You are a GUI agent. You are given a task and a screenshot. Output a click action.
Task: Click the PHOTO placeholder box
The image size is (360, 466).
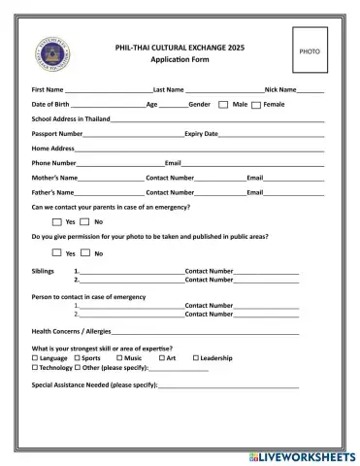click(x=309, y=50)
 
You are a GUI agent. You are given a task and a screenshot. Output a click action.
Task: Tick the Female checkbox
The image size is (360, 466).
click(x=257, y=104)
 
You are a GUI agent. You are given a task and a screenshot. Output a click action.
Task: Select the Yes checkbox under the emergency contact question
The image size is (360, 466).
click(x=57, y=221)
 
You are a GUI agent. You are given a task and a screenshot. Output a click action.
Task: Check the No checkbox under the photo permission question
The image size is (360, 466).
click(x=85, y=252)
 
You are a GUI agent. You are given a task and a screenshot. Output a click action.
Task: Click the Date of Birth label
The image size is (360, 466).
click(x=50, y=104)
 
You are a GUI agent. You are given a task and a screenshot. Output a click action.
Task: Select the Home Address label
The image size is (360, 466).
click(x=52, y=148)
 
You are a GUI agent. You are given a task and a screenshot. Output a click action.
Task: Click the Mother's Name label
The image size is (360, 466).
click(x=54, y=178)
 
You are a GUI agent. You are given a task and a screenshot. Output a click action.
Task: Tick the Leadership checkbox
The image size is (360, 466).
click(x=195, y=358)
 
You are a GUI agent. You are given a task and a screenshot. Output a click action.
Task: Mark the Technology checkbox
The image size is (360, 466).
click(x=35, y=368)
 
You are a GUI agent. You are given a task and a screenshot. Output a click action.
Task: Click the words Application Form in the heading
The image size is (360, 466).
click(x=180, y=60)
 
